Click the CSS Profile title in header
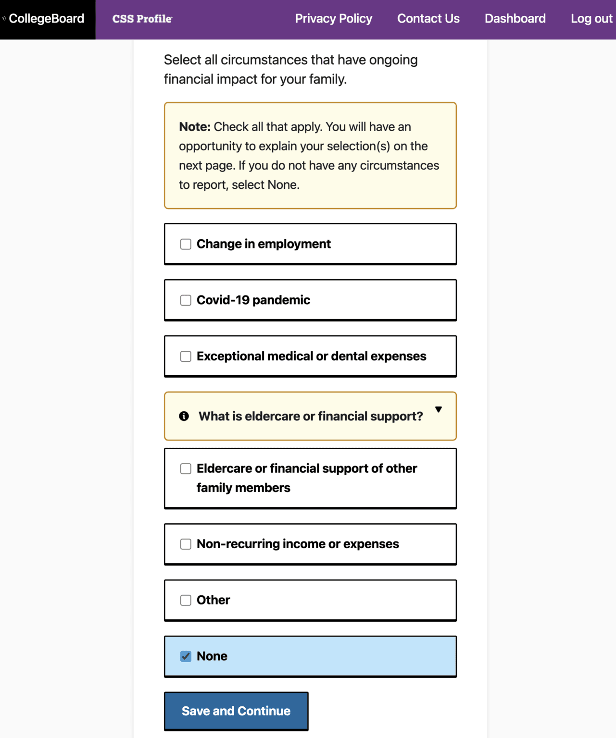click(x=142, y=19)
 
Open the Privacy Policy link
click(x=333, y=19)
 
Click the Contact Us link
click(x=428, y=19)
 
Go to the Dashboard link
click(x=515, y=19)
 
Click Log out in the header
click(x=591, y=19)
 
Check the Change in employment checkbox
click(x=186, y=244)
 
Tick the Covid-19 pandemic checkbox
click(x=186, y=300)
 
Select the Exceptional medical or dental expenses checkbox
click(x=186, y=357)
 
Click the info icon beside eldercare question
click(x=184, y=416)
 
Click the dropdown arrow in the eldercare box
click(x=438, y=409)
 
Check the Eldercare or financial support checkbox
click(x=186, y=468)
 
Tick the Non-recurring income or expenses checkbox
click(x=186, y=544)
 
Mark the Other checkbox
click(x=186, y=600)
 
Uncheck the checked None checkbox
click(x=186, y=656)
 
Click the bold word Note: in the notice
click(x=195, y=127)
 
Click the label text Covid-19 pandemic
click(x=253, y=300)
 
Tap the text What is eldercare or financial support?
click(x=311, y=416)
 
